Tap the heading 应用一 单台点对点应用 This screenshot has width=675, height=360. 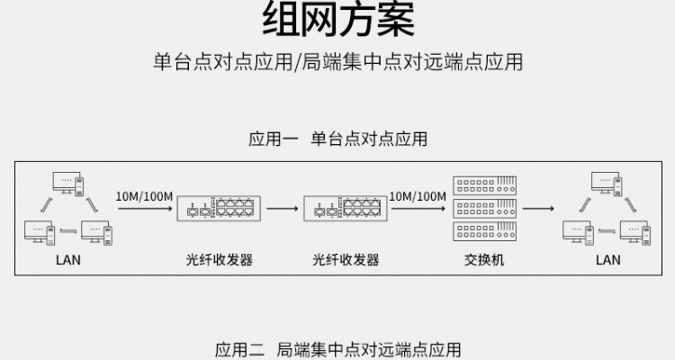coord(337,139)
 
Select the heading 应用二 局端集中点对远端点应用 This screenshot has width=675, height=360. coord(337,348)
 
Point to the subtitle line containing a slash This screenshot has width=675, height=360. coord(337,62)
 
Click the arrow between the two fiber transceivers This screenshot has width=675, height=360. coord(282,209)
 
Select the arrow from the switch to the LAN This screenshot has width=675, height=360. coord(537,209)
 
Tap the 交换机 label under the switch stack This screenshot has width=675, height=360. coord(484,260)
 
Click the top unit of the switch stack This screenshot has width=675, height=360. coord(484,184)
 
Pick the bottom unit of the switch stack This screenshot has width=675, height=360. coord(484,231)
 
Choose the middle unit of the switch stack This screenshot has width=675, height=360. coord(484,208)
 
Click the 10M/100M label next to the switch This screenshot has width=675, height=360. coord(418,196)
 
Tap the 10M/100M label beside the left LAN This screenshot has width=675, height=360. coord(144,196)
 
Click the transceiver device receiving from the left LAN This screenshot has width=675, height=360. coord(219,209)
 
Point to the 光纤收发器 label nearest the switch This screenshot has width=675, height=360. coord(346,260)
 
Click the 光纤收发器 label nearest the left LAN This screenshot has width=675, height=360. coord(219,260)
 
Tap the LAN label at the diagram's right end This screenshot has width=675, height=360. coord(608,260)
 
